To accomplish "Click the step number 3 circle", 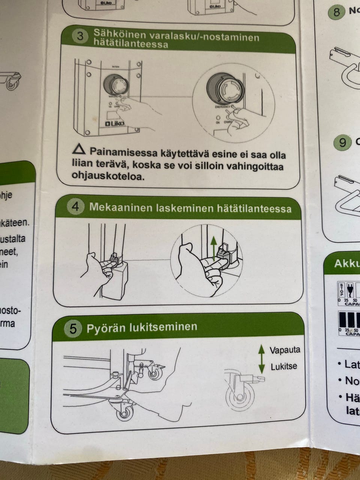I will pos(80,37).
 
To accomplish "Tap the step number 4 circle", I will pos(75,206).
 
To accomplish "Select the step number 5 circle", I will pos(73,328).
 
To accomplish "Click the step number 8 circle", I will pos(336,12).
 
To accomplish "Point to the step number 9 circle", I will pos(342,142).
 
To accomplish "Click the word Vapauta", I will pos(285,350).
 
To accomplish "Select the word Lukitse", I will pos(283,366).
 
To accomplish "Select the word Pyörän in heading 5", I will pos(105,328).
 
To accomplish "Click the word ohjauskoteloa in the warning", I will pos(108,177).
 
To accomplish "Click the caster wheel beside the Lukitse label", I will pos(239,397).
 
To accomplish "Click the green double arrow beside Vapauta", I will pos(261,358).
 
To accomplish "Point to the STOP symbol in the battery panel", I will pos(341,290).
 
